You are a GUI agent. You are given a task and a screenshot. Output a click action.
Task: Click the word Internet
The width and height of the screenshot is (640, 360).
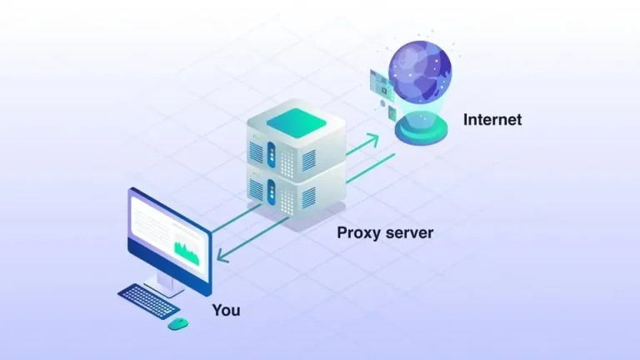click(x=492, y=120)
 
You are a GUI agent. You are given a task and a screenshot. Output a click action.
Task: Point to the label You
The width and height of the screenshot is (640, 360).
click(x=226, y=311)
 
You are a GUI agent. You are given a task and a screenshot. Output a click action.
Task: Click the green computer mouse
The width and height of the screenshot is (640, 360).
click(x=177, y=323)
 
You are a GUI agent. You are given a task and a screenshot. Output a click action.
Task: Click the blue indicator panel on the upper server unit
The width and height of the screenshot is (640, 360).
click(x=270, y=151)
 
